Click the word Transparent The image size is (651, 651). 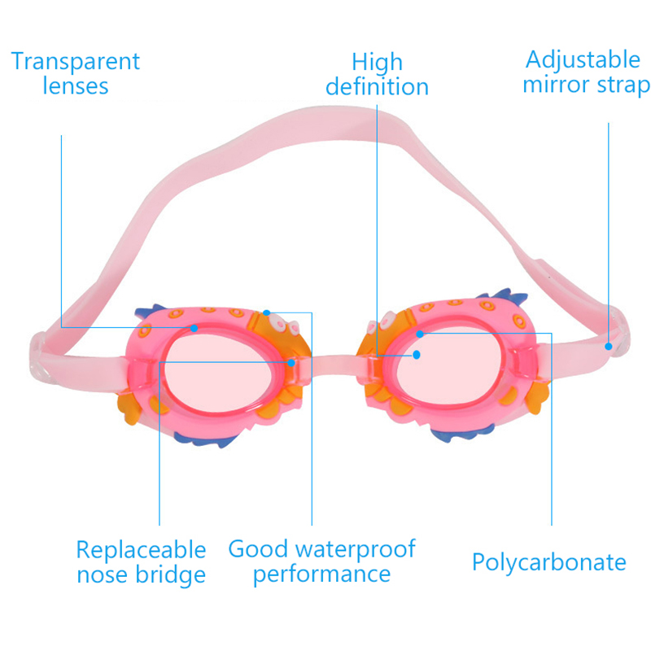coord(76,61)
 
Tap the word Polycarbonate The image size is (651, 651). coord(549,562)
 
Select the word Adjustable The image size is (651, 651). coord(583,59)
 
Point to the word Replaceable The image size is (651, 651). coord(141,549)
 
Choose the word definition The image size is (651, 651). coord(377,87)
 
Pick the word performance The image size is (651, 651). coord(321,574)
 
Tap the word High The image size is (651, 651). coord(377,62)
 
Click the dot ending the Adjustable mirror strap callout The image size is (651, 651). coord(608,346)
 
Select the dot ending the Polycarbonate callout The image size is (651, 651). coord(420,334)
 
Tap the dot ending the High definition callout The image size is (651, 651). coord(417,355)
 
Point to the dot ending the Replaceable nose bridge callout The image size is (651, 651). coord(290,362)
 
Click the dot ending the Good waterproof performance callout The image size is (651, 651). coord(266,312)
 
